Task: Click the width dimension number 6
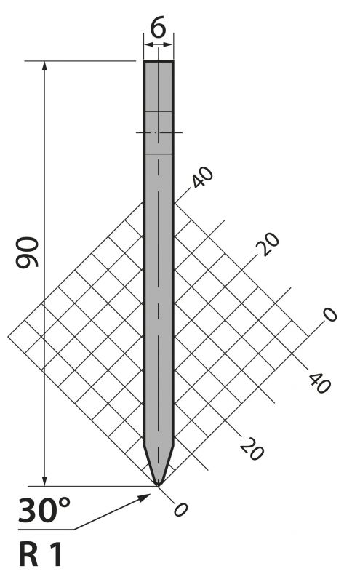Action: pos(158,28)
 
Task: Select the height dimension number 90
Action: pos(27,252)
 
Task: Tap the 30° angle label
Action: pos(44,511)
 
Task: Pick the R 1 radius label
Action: pos(40,554)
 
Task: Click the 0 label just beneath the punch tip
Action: pos(181,510)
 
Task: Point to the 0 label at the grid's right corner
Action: pos(329,315)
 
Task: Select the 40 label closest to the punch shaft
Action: pos(202,177)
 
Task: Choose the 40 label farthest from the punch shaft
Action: pos(319,383)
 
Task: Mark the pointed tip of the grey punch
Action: pos(158,485)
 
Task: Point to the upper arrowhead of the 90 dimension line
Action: pos(45,65)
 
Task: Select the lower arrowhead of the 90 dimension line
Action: pos(45,481)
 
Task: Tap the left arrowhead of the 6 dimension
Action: pos(148,45)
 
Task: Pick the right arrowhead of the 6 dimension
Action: pos(168,45)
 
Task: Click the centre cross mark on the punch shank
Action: pos(159,132)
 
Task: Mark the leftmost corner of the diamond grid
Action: pos(8,337)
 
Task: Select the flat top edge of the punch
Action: pos(159,61)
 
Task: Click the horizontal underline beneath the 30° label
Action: pos(46,530)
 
